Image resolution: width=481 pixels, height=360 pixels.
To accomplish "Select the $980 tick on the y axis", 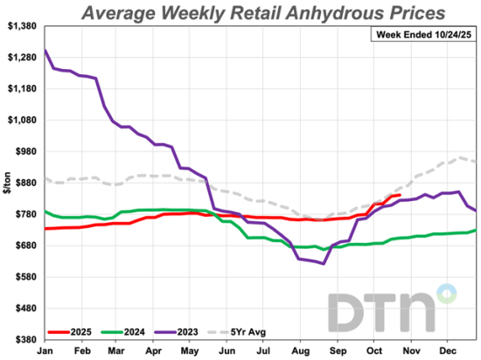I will [22, 151].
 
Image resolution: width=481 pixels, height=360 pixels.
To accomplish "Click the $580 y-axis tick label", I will [22, 277].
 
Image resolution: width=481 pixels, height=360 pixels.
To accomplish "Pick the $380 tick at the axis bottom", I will [22, 339].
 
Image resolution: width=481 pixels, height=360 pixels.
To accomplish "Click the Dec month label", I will [447, 349].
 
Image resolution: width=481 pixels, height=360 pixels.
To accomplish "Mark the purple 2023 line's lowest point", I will [324, 263].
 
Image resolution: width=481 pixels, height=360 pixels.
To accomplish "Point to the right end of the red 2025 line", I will [400, 195].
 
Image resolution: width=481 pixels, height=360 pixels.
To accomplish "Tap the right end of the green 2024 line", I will [476, 230].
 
